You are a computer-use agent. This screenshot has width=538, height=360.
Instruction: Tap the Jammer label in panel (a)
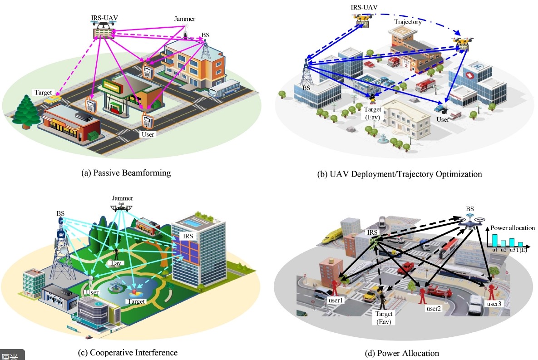click(x=185, y=20)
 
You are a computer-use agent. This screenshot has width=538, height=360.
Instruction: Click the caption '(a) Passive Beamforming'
click(x=125, y=173)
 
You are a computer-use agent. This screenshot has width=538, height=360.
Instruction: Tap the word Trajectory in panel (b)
click(x=408, y=22)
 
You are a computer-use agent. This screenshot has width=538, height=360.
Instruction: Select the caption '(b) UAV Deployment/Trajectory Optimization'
click(x=399, y=174)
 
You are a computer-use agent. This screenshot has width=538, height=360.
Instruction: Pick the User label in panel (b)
click(x=443, y=119)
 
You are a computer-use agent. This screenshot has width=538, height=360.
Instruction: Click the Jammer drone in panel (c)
click(x=121, y=207)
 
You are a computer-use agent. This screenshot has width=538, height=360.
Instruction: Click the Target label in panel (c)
click(x=136, y=301)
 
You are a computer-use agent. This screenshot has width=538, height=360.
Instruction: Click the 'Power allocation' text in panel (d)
click(x=512, y=228)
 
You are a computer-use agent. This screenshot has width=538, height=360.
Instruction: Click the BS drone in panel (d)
click(x=471, y=221)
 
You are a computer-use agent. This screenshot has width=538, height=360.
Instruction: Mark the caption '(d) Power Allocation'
click(x=402, y=353)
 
